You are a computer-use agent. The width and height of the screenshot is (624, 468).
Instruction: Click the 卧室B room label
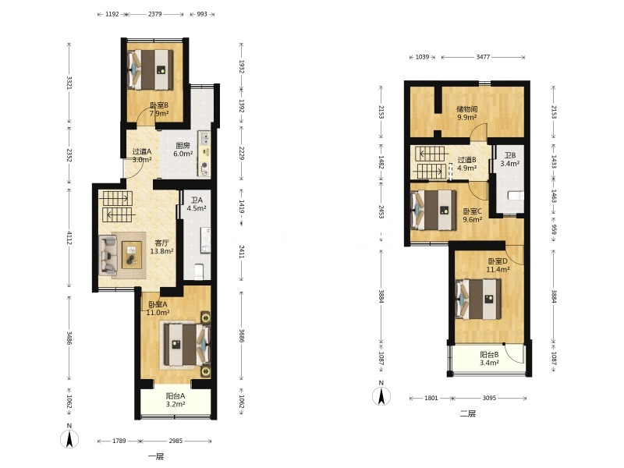pos(159,109)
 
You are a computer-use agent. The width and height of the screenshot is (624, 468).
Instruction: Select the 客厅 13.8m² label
pos(161,247)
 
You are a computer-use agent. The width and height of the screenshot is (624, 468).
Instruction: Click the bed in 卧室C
pos(434,210)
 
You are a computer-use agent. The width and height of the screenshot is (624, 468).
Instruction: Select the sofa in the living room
pos(108,255)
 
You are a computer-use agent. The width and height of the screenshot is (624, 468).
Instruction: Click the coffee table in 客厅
pos(132,255)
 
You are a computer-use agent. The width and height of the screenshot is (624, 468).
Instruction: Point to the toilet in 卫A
pos(199,271)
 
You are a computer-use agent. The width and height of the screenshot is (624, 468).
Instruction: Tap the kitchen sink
pos(204,138)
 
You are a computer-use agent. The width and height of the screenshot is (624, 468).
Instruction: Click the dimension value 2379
pos(154,14)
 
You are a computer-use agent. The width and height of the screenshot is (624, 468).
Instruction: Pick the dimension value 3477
pos(483,57)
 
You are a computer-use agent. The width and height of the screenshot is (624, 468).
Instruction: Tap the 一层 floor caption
pos(155,456)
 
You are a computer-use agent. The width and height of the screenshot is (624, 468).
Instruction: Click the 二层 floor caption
pos(468,413)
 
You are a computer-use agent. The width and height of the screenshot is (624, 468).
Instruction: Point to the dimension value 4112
pos(69,238)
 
